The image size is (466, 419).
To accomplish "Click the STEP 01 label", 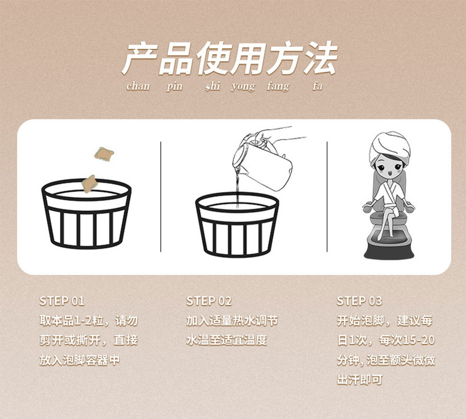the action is point(62,301).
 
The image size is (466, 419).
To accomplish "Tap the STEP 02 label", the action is point(209,301).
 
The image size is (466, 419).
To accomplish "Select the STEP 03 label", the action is point(359,301).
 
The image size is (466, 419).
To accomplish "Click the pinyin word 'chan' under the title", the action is point(138,86).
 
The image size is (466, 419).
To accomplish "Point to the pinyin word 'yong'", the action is point(243,87).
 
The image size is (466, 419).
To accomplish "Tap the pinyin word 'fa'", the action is point(317,86).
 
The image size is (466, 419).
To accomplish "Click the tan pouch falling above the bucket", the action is point(104,154).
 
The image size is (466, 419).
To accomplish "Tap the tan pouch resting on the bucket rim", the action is point(90,184).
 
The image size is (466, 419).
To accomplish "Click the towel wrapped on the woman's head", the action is point(390,148).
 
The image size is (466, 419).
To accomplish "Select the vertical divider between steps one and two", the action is point(161,197).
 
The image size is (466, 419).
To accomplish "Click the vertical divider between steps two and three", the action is point(327,197).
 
